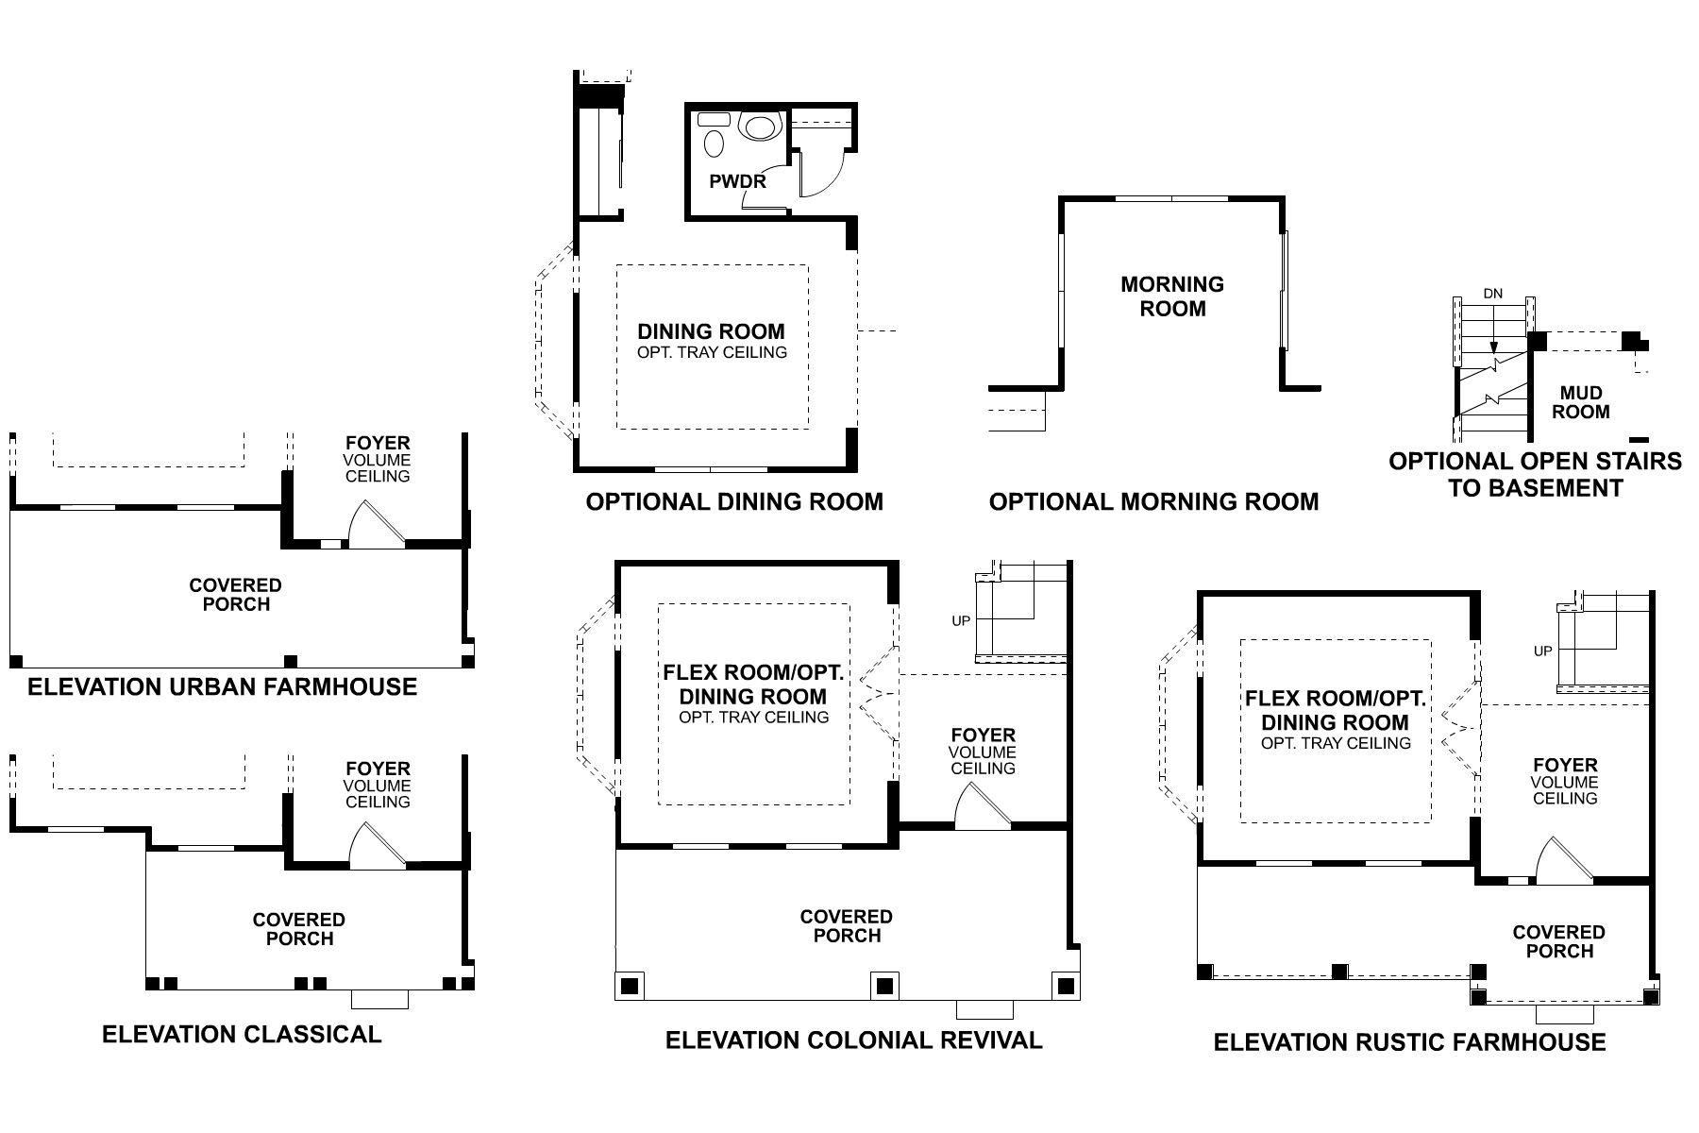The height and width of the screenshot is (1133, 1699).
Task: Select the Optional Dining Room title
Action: click(x=734, y=501)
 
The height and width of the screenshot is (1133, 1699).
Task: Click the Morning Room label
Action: click(x=1172, y=296)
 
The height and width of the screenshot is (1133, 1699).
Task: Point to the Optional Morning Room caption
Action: click(x=1153, y=501)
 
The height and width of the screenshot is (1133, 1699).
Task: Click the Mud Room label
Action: click(x=1581, y=402)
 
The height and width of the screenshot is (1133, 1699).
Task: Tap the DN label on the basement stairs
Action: click(x=1492, y=294)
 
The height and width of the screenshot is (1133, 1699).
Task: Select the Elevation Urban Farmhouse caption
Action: click(x=222, y=686)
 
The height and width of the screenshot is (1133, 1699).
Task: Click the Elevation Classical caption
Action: click(x=242, y=1034)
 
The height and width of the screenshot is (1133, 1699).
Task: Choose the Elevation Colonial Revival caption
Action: click(x=853, y=1040)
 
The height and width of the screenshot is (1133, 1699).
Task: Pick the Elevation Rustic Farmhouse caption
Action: click(x=1409, y=1042)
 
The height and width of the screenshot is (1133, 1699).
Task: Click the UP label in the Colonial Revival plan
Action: click(x=961, y=620)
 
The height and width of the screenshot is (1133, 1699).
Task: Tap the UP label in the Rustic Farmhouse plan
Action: click(x=1543, y=651)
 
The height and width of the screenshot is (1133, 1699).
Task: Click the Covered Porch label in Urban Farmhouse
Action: click(x=236, y=595)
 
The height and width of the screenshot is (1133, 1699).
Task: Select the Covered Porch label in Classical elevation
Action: click(x=299, y=929)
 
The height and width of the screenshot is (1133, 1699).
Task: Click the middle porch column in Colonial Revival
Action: click(x=883, y=986)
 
